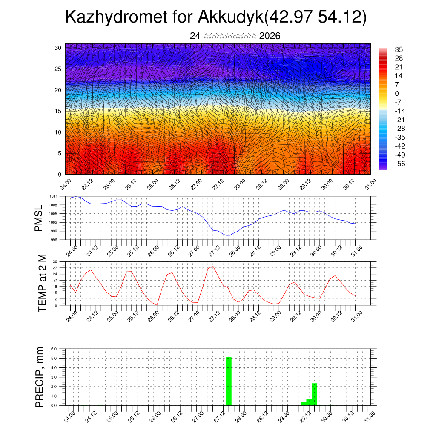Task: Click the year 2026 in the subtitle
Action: (x=270, y=36)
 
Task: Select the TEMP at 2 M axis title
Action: (x=42, y=283)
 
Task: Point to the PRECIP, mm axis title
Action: (x=40, y=377)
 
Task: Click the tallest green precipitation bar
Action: (x=229, y=381)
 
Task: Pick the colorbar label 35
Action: (x=399, y=50)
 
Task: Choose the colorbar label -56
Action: (x=400, y=163)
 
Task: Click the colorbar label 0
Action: (x=397, y=93)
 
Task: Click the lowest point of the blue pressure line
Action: (x=228, y=236)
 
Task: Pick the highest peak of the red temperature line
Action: (x=212, y=266)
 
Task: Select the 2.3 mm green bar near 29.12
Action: (x=314, y=394)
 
